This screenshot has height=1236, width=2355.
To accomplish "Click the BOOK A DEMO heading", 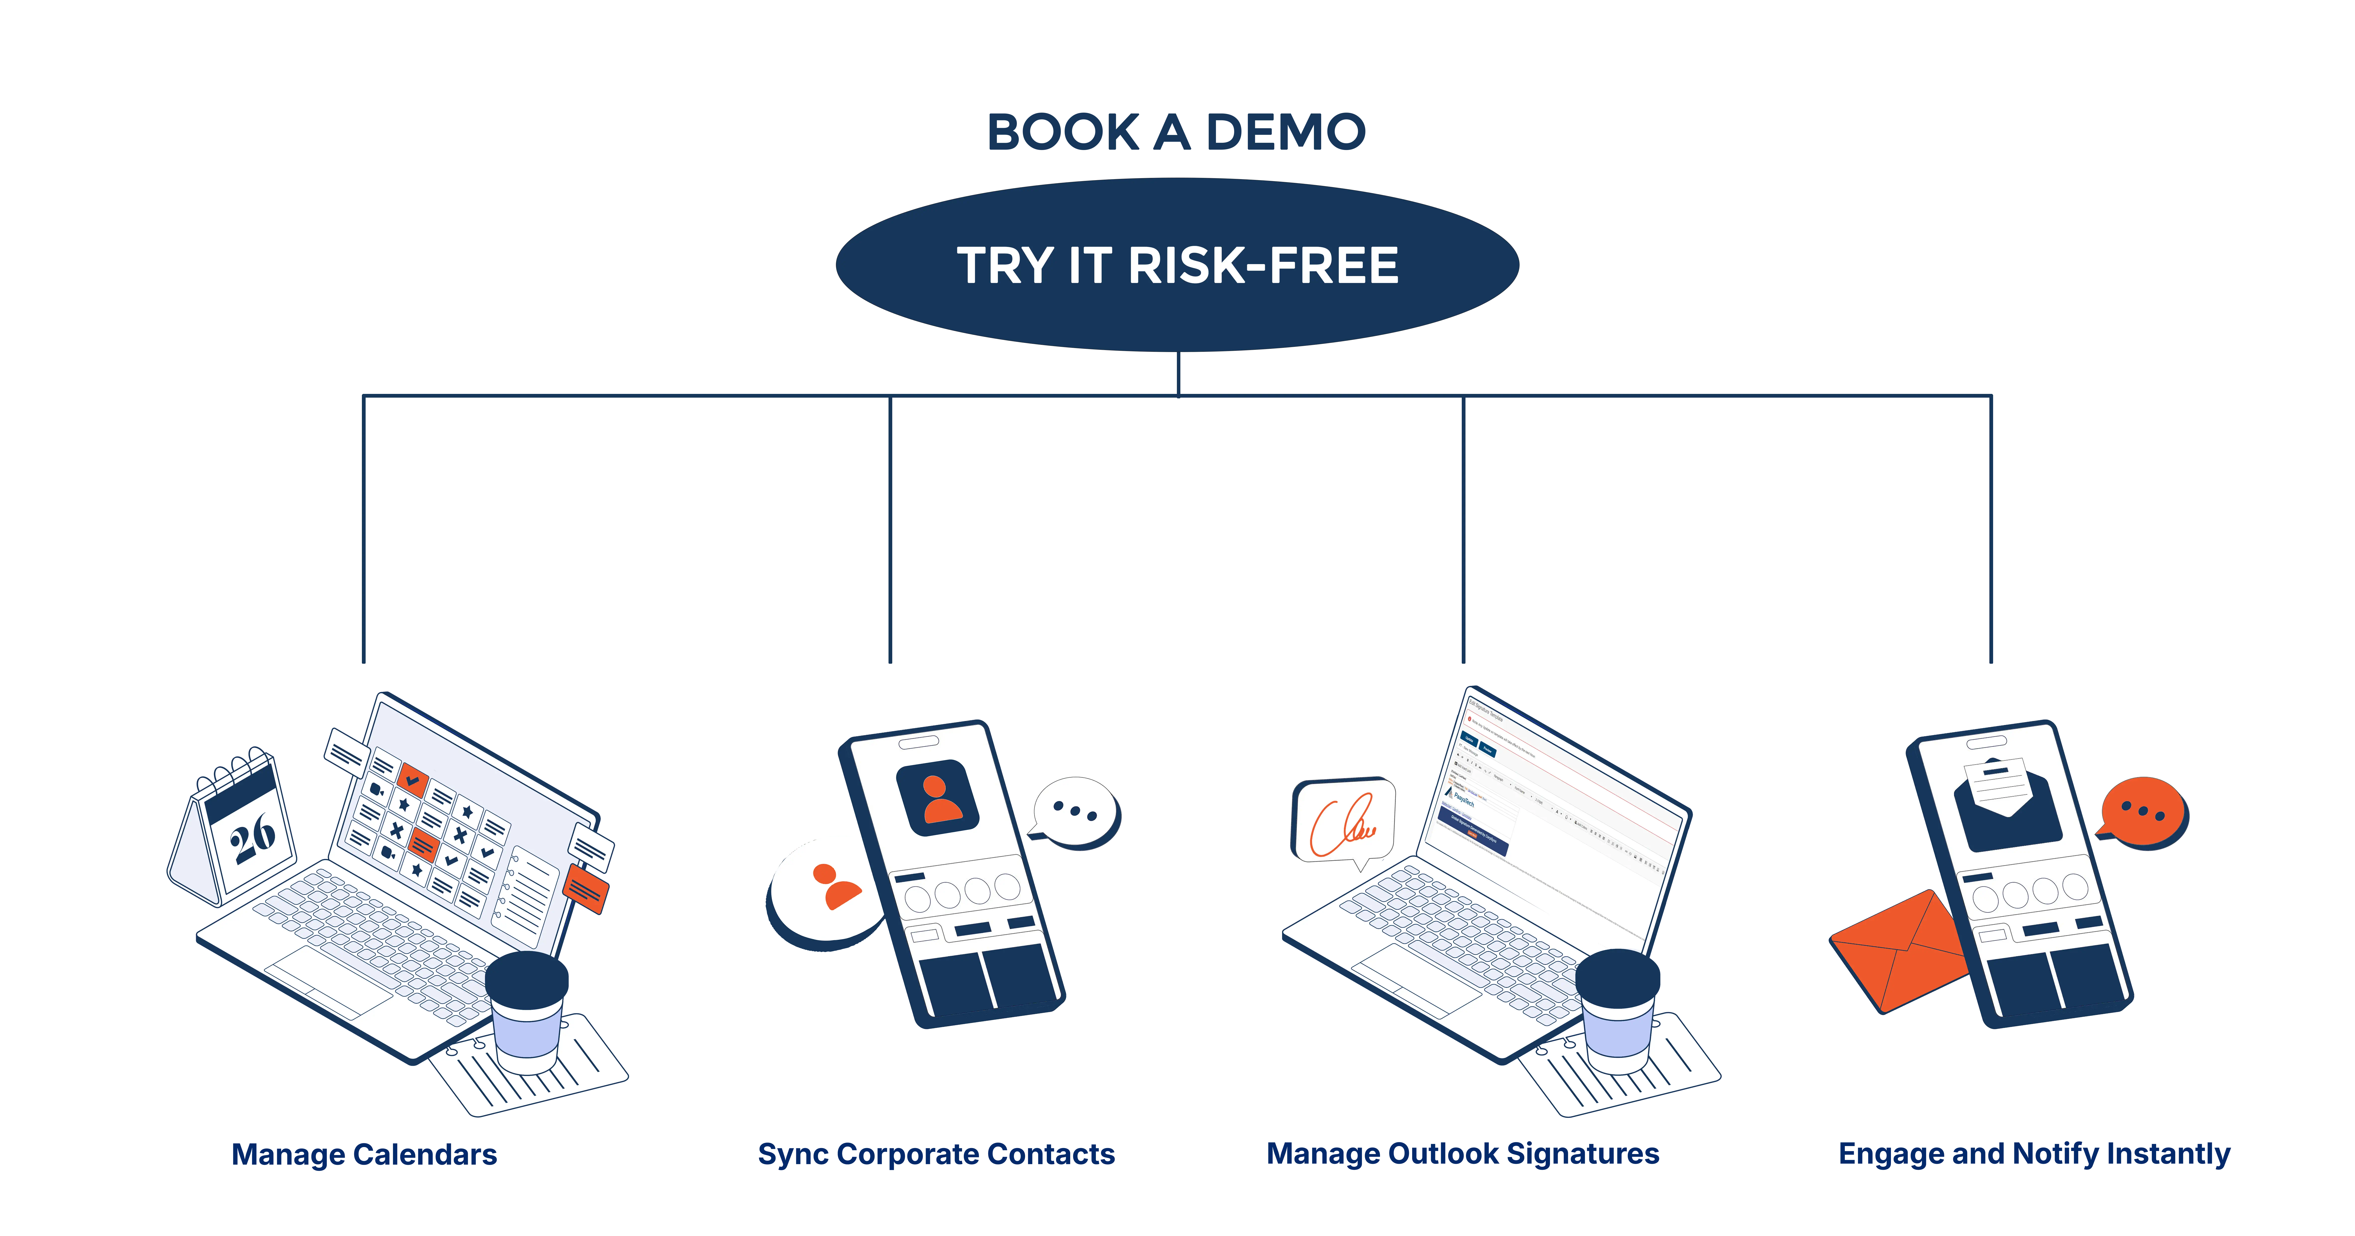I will pos(1177,133).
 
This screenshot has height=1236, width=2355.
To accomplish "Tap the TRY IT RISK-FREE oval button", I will pos(1177,265).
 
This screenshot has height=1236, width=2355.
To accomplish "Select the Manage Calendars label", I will pos(364,1155).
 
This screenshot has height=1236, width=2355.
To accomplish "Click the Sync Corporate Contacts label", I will pos(936,1155).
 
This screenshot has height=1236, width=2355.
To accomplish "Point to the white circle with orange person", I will pos(827,889).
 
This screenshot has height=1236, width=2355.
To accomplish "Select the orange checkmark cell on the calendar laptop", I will pos(412,778).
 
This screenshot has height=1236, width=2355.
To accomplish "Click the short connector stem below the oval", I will pos(1177,373).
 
